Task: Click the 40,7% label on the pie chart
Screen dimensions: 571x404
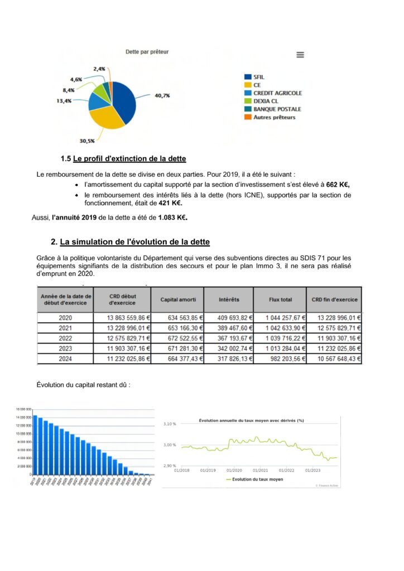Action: coord(162,96)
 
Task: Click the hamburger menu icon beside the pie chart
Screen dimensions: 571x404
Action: coord(300,55)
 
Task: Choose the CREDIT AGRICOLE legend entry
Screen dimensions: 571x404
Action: coord(277,93)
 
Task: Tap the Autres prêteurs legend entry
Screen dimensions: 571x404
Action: coord(274,117)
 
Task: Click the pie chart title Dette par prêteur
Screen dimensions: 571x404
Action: coord(147,52)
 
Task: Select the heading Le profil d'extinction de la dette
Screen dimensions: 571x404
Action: coord(129,159)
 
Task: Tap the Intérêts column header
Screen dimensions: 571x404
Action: coord(229,299)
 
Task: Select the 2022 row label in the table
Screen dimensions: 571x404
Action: coord(66,338)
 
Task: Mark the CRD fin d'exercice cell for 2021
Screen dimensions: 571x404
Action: coord(334,328)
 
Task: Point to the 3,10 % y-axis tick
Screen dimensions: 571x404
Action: coord(169,424)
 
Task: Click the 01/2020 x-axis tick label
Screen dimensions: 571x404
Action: coord(234,470)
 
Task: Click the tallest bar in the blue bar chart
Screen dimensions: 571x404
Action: coord(35,444)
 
